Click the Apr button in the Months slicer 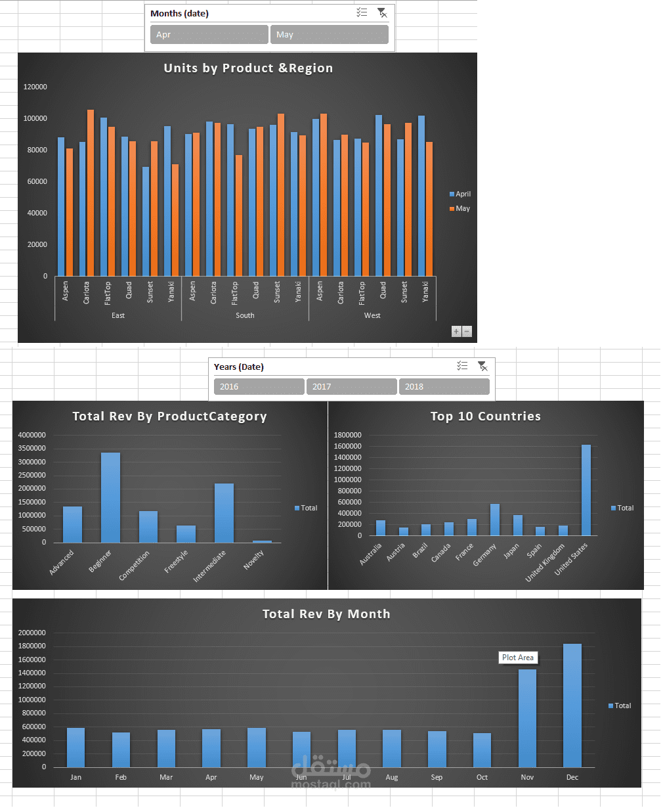209,34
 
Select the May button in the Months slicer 330,34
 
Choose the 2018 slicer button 444,386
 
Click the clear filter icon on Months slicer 382,13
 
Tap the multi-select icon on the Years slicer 462,366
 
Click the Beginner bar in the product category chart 111,497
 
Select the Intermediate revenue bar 224,513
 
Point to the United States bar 586,490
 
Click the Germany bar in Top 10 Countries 495,520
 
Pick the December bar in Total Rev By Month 572,706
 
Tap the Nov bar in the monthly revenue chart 527,719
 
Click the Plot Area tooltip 518,658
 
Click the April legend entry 460,194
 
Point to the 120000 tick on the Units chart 35,87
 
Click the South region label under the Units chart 245,315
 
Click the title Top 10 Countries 485,416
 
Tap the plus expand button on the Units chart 456,331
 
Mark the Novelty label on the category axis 254,560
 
